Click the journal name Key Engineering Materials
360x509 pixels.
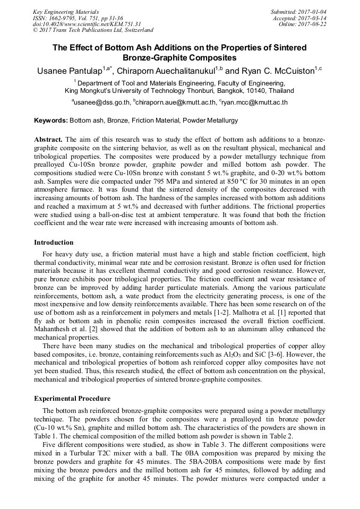click(x=66, y=12)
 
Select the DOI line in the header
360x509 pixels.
click(x=87, y=24)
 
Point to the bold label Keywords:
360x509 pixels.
click(x=51, y=121)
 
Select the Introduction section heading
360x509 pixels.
click(x=54, y=243)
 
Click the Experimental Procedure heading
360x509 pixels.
click(x=72, y=399)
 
